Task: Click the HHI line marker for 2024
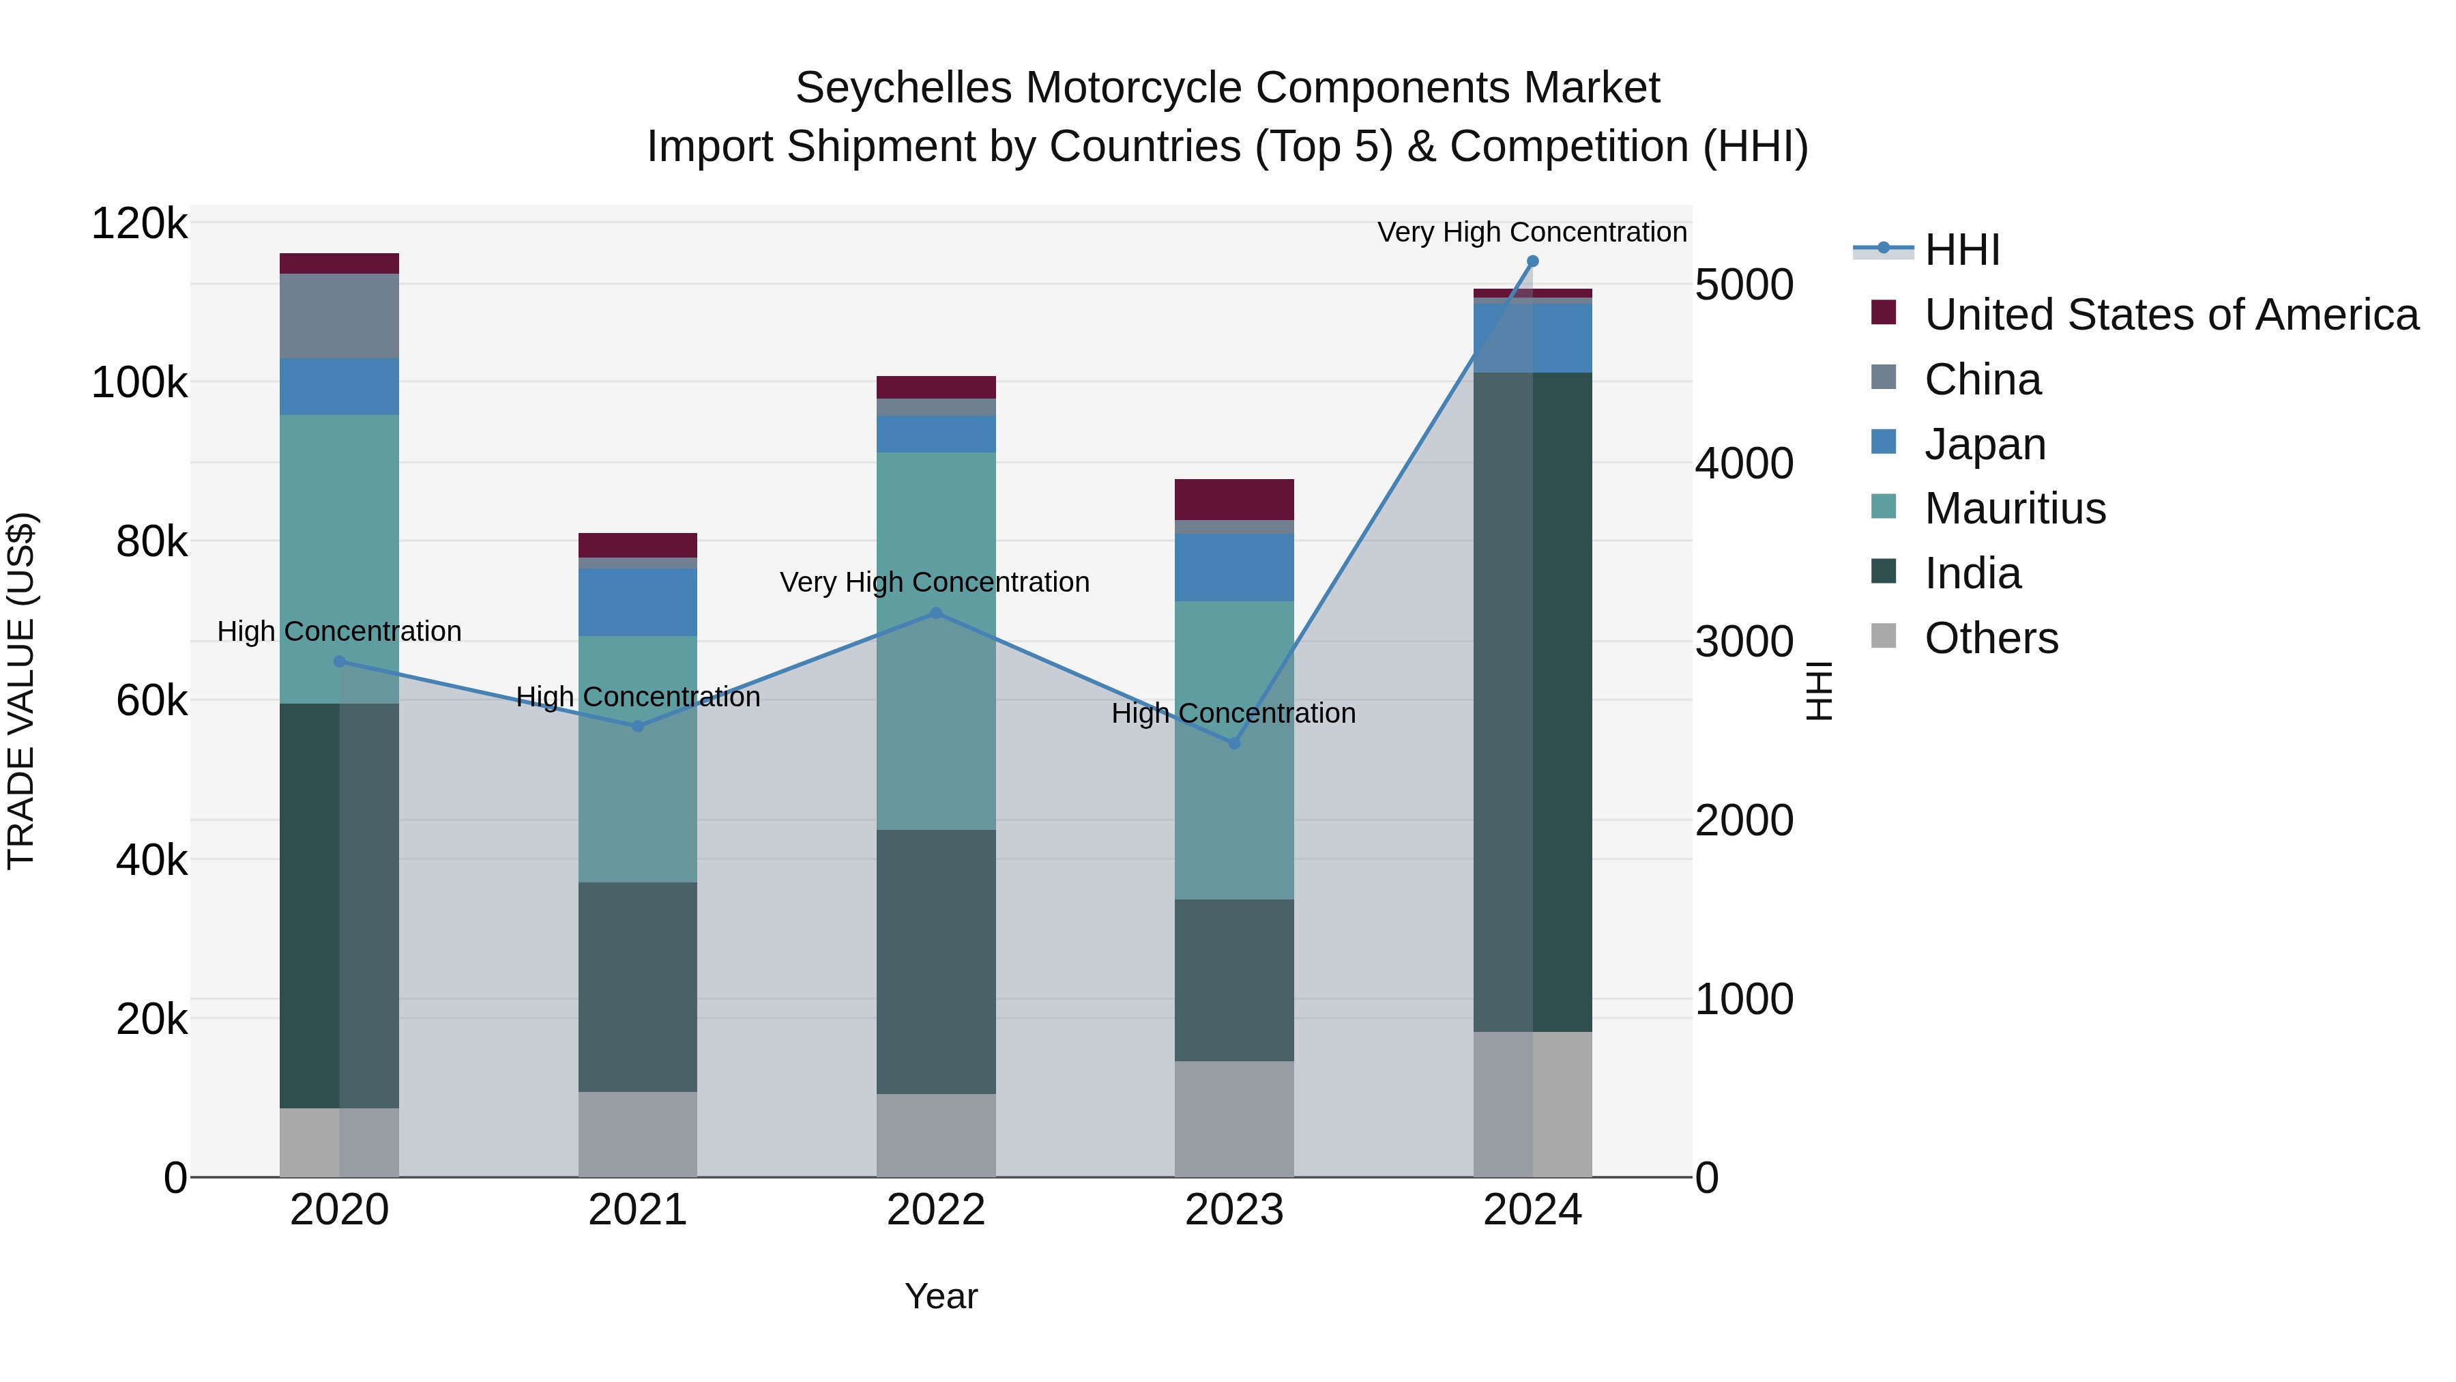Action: [1532, 261]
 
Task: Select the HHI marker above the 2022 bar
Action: [935, 614]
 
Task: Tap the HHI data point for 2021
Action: [638, 726]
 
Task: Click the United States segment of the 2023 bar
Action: [1233, 500]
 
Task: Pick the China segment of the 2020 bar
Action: [340, 316]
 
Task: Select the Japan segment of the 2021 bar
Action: [638, 602]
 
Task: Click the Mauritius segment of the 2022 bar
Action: [935, 534]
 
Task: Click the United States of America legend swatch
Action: [1884, 312]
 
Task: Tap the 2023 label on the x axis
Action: [1233, 1209]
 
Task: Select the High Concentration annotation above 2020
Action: [340, 631]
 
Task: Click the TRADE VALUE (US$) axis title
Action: [21, 691]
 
